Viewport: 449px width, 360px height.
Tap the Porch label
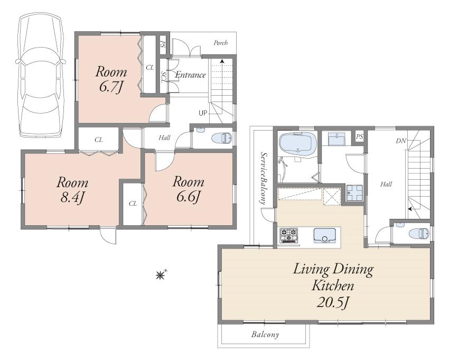click(x=220, y=43)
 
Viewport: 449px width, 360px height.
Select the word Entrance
click(x=190, y=75)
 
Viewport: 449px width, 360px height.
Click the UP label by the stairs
click(x=203, y=113)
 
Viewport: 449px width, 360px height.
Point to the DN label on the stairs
click(x=400, y=141)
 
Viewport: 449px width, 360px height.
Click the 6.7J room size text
click(x=111, y=87)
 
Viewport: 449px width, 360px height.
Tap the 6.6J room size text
click(x=188, y=197)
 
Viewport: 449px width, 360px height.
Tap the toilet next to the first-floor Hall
click(x=221, y=139)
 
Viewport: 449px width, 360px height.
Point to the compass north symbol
click(x=160, y=274)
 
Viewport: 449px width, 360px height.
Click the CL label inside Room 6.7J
click(x=150, y=67)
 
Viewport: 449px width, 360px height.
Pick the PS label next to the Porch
click(x=163, y=44)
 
